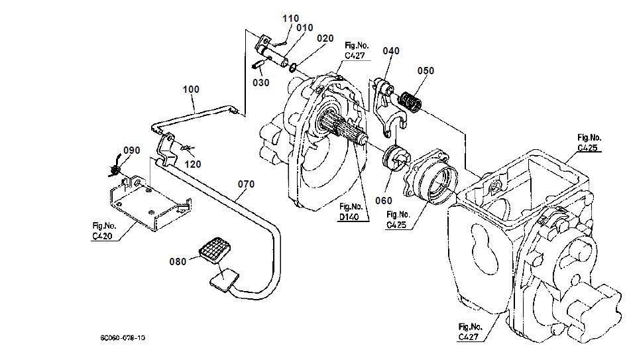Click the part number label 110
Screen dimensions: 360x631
[x=290, y=19]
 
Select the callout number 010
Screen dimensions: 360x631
[x=305, y=28]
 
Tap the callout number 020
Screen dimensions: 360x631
[x=325, y=38]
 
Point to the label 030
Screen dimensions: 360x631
[x=261, y=83]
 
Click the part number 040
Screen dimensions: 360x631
[x=391, y=51]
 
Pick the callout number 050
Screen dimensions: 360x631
[x=426, y=71]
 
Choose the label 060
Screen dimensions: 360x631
[x=383, y=201]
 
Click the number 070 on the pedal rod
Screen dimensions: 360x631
[x=246, y=185]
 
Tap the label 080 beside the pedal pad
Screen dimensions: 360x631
[x=178, y=261]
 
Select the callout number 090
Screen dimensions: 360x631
[x=132, y=150]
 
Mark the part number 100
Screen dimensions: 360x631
[x=191, y=89]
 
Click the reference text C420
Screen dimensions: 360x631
[x=102, y=236]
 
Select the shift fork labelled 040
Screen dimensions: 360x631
[x=386, y=103]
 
